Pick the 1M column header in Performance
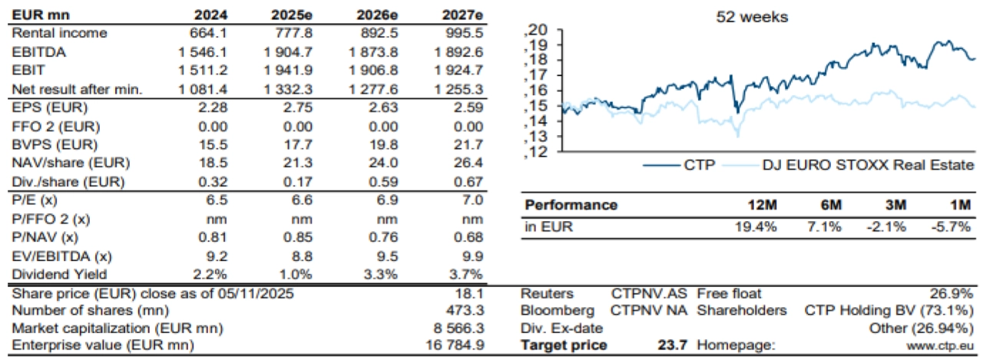click(x=958, y=205)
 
